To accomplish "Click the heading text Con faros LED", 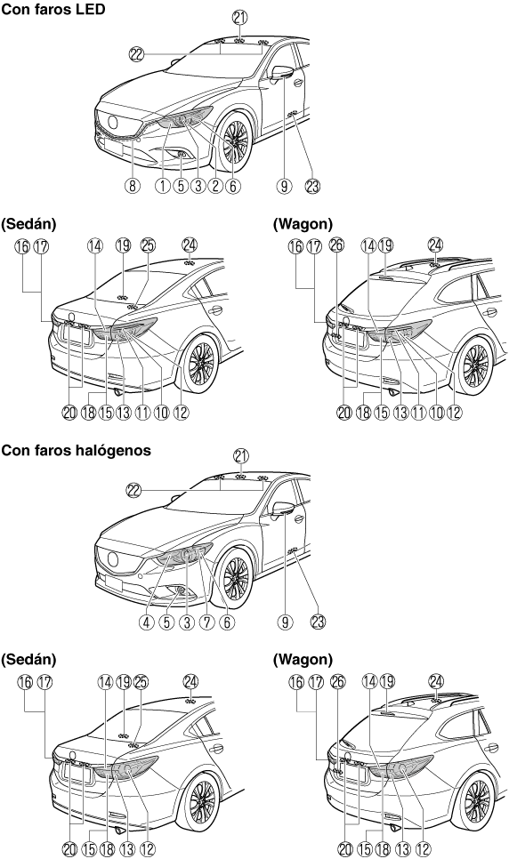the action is (53, 9).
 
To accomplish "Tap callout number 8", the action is (132, 186).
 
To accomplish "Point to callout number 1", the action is (163, 186).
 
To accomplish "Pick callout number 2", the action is (214, 186).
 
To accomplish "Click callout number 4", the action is (147, 622).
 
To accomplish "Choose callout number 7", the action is (206, 622).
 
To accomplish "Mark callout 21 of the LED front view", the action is (239, 18).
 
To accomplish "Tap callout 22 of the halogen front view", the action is (133, 490).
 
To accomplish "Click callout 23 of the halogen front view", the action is (318, 622).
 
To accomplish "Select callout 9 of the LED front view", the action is (284, 186).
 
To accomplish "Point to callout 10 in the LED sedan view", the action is (161, 412).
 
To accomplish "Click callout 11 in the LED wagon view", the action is (418, 412).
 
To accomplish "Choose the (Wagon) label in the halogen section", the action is (303, 659).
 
